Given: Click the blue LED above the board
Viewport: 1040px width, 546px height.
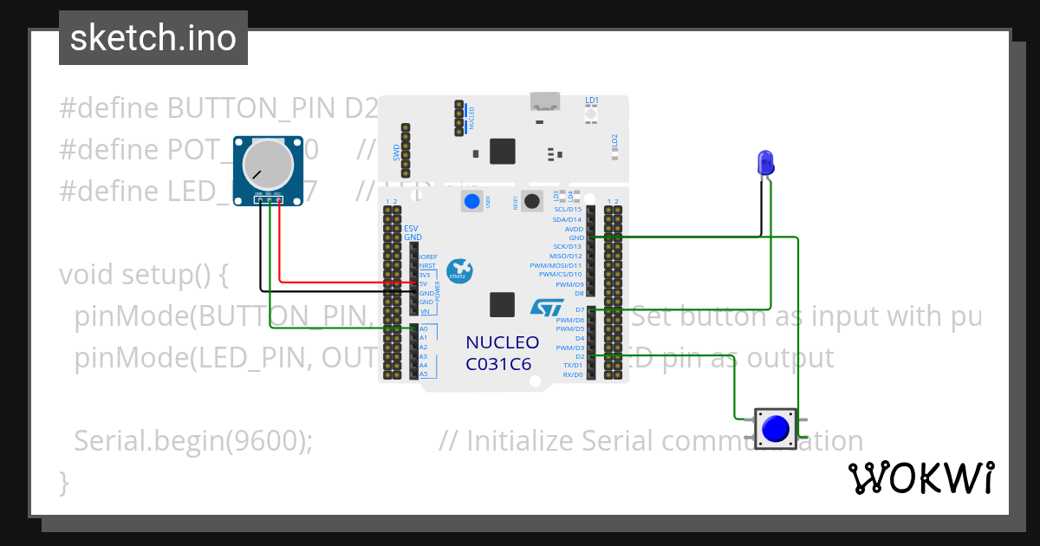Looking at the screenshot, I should click(765, 162).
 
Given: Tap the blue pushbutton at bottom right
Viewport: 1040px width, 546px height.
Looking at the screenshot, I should click(775, 429).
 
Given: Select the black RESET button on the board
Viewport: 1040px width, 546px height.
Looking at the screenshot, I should click(532, 201).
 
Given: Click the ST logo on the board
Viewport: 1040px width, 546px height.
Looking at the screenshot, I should click(546, 306).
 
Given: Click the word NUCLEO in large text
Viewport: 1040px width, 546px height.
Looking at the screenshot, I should click(502, 342).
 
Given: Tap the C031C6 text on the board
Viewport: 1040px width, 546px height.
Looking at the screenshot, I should click(498, 364).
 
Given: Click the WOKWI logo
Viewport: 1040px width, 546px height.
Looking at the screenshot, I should click(920, 478).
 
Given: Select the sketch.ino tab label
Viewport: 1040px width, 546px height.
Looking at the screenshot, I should click(153, 38).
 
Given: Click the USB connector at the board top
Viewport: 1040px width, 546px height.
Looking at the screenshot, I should click(545, 102).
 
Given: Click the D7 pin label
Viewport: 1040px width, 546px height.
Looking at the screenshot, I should click(579, 309).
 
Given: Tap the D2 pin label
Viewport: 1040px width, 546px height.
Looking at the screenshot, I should click(579, 356).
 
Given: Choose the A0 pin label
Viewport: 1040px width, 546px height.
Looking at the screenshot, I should click(423, 329).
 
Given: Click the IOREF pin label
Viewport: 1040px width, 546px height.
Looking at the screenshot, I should click(427, 257).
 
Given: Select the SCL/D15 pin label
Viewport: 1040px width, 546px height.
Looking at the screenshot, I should click(567, 209).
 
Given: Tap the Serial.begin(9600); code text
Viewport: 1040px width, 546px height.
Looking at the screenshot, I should click(192, 441).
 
